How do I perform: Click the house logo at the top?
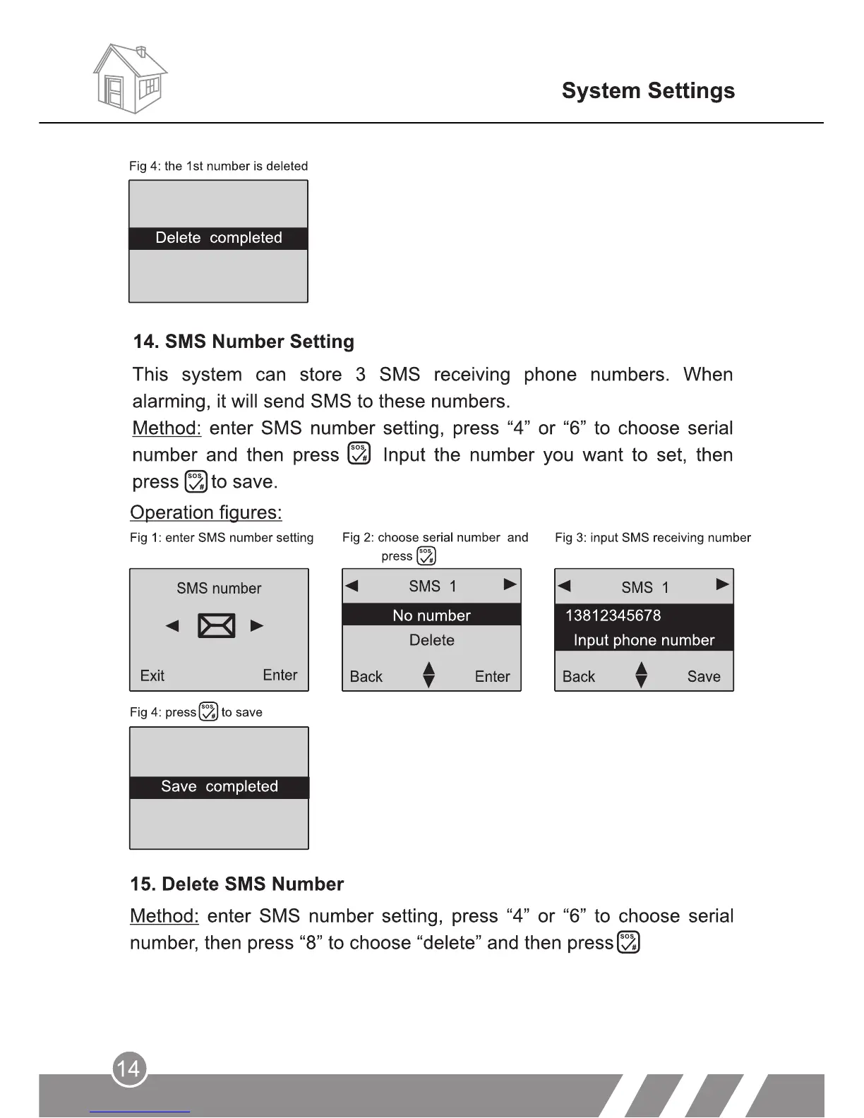[130, 79]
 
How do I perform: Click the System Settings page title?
[648, 91]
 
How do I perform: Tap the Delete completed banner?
[218, 238]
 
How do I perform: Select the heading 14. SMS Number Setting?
[244, 342]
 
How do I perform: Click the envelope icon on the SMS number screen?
[217, 626]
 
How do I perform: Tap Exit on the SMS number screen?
[152, 675]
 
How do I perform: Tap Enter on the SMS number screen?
[280, 675]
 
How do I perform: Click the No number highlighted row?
[431, 615]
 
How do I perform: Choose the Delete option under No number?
[431, 640]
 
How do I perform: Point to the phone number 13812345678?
[613, 615]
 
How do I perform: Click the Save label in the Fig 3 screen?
[704, 676]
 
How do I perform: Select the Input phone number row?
[644, 640]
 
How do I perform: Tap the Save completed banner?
[220, 787]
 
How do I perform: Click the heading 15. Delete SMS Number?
[236, 884]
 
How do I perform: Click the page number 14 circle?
[129, 1069]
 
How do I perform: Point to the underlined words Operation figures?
[205, 512]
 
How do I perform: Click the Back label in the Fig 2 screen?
[366, 676]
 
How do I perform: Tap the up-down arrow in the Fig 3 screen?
[641, 675]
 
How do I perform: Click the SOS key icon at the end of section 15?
[628, 942]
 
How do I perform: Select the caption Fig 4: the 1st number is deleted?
[218, 167]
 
